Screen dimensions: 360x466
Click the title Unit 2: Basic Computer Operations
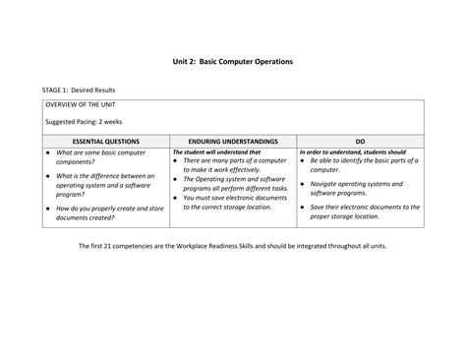[233, 62]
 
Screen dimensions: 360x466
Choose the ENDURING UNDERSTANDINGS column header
[234, 142]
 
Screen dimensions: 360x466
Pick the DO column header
[361, 142]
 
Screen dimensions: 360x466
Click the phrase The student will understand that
[217, 152]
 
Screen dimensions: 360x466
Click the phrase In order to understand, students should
[353, 152]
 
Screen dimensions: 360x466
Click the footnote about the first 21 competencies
[233, 246]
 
